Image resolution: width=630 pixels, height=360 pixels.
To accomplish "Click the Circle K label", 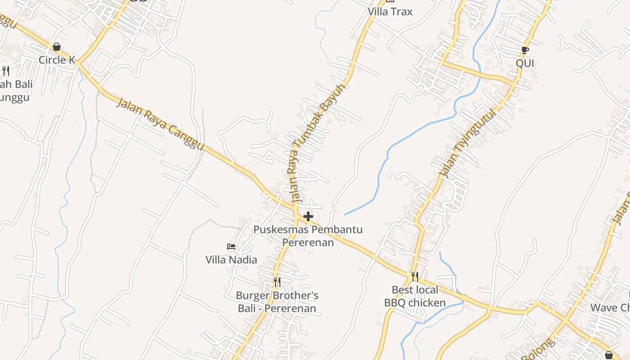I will [x=57, y=60].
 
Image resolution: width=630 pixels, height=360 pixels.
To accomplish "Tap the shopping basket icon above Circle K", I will [x=57, y=47].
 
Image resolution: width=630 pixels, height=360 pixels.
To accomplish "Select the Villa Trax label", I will [x=390, y=12].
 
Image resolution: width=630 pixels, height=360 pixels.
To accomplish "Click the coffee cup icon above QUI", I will [x=525, y=50].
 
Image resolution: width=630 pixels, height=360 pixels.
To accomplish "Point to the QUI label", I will [x=525, y=63].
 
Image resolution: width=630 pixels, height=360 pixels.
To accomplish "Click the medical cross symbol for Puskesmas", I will [x=308, y=217].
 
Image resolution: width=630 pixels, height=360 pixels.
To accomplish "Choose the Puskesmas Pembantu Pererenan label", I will [x=308, y=236].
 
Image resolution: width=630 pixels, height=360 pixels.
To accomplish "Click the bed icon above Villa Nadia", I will [x=231, y=247].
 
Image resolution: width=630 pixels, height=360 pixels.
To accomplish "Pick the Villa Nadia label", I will [x=231, y=260].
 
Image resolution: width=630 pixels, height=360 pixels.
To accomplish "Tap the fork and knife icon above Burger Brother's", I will [x=277, y=282].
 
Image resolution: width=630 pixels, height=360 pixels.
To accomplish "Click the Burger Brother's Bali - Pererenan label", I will [x=277, y=302].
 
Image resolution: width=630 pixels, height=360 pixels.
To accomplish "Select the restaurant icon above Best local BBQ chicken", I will [x=415, y=276].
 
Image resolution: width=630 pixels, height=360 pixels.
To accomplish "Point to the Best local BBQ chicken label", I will [x=415, y=296].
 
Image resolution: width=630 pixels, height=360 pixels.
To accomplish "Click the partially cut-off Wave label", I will [x=610, y=308].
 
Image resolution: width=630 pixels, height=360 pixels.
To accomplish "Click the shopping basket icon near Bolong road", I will [x=609, y=355].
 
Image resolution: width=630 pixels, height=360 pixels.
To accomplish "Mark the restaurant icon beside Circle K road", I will [x=6, y=71].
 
